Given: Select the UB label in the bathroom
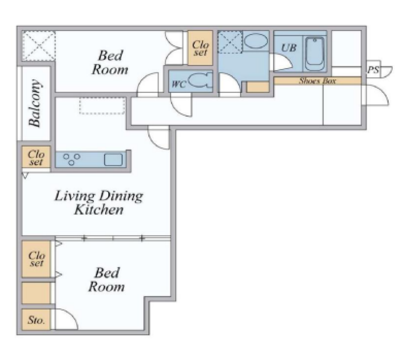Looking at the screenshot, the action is (x=288, y=48).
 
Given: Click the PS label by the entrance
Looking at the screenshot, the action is (x=373, y=70).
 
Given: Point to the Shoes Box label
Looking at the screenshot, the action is (x=317, y=81).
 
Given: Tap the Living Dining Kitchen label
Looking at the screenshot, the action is (x=99, y=203).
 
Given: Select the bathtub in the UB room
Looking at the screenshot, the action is (x=314, y=54).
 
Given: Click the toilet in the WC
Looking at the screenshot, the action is (x=200, y=81).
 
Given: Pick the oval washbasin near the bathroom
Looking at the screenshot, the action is (x=256, y=41).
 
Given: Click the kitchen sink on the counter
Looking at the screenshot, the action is (x=113, y=160).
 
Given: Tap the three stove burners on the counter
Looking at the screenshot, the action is (x=71, y=159).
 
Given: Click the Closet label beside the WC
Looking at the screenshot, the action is (x=200, y=48).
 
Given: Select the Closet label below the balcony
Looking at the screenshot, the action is (x=36, y=158).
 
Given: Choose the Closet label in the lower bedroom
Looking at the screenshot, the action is (x=37, y=259).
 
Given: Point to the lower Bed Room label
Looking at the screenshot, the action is (x=107, y=279).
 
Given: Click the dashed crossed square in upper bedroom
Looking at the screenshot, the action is (x=39, y=46).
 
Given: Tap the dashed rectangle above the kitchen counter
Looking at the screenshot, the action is (x=102, y=105).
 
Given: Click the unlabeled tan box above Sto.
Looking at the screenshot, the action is (x=36, y=293).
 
